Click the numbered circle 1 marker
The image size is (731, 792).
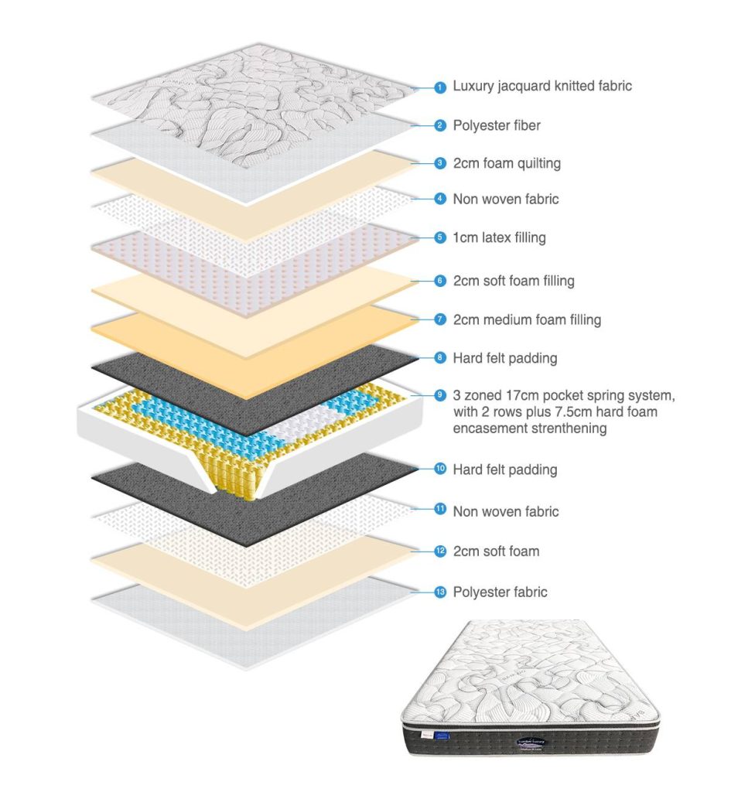[x=440, y=87]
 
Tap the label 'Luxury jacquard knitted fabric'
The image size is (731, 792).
[x=542, y=86]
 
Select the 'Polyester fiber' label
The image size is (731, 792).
[x=497, y=125]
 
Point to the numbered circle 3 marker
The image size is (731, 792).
[x=440, y=163]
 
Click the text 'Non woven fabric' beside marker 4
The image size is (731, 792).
[x=506, y=199]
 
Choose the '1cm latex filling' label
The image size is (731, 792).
[x=499, y=237]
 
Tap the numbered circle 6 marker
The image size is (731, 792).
[x=440, y=281]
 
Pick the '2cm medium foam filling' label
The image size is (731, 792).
[x=527, y=319]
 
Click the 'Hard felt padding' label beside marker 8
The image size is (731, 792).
[x=505, y=358]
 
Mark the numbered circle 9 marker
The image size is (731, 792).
[x=440, y=396]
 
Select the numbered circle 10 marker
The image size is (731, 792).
[x=440, y=469]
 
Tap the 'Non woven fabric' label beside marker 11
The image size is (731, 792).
[x=506, y=511]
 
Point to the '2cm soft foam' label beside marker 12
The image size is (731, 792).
[x=496, y=551]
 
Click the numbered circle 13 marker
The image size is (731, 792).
[x=440, y=592]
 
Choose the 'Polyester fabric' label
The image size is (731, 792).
[x=500, y=592]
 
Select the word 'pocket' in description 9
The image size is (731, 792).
[x=549, y=396]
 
